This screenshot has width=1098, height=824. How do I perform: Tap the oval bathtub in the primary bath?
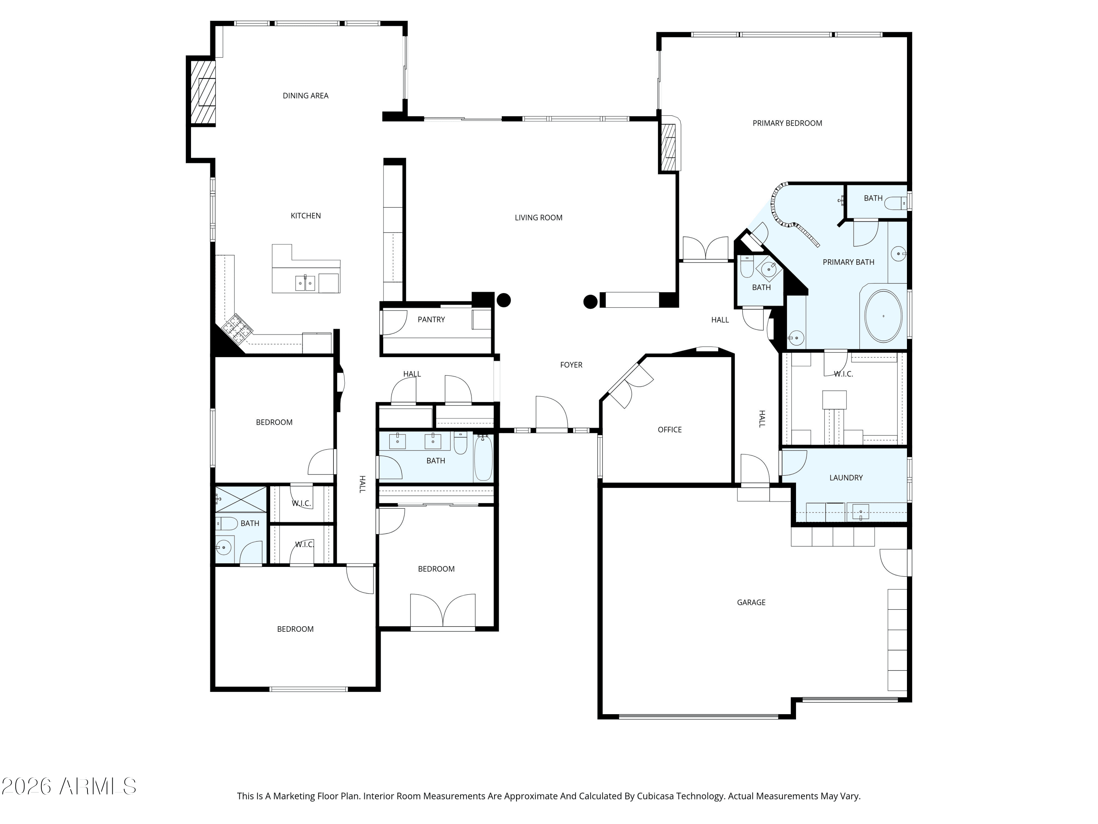883,316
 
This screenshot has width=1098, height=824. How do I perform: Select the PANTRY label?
431,319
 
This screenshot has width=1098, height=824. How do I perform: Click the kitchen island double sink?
305,283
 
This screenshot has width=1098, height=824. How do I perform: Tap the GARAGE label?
751,602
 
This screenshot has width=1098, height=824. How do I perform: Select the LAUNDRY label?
846,478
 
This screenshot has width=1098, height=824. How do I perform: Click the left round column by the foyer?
504,300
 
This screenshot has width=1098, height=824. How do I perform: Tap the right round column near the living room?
590,301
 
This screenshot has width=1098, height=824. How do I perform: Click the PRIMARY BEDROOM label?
787,123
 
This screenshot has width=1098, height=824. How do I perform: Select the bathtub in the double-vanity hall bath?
483,457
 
